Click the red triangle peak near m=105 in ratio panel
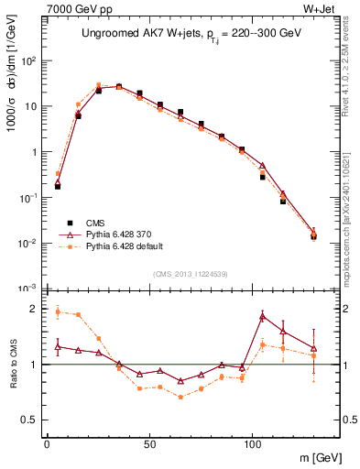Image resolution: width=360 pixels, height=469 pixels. click(x=263, y=316)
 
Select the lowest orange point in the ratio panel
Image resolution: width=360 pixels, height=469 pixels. click(x=180, y=397)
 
